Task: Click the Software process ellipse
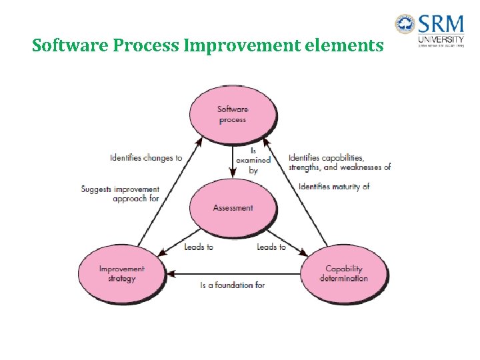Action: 232,115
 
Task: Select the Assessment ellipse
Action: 233,208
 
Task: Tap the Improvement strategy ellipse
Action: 121,273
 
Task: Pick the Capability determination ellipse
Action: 343,273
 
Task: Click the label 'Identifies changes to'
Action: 146,158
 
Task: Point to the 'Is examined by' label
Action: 253,161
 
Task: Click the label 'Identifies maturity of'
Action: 334,187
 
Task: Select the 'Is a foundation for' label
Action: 233,285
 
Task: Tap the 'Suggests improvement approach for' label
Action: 121,194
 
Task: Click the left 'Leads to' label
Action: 199,247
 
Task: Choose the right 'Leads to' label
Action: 271,247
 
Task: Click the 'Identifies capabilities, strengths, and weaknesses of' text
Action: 339,163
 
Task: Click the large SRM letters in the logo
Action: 441,25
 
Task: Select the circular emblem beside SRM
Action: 405,25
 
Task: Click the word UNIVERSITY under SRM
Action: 441,41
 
